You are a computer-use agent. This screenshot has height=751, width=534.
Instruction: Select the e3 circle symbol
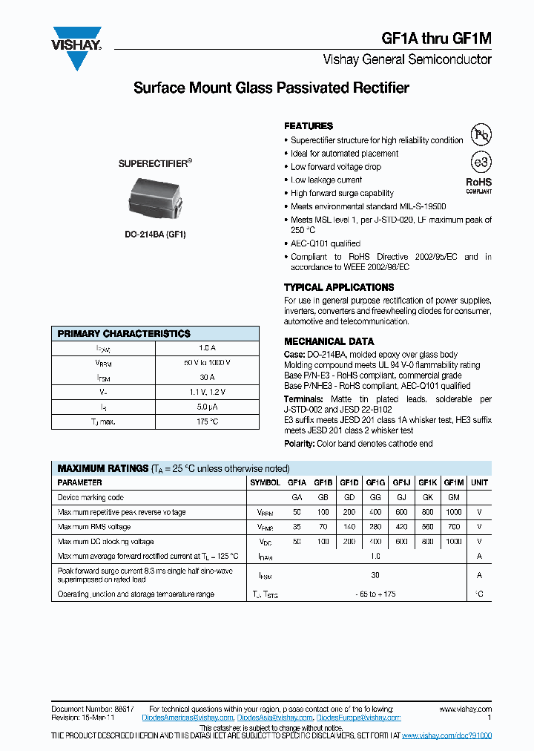[x=481, y=163]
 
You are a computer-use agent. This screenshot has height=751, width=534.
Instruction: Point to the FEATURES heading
[x=309, y=126]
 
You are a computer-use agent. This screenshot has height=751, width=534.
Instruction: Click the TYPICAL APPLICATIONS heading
[x=339, y=287]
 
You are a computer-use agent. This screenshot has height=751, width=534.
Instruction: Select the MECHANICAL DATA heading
[x=329, y=341]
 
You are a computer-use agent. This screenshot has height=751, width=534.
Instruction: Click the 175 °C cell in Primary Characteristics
[x=207, y=422]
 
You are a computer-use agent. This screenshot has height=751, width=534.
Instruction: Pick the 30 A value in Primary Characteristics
[x=207, y=377]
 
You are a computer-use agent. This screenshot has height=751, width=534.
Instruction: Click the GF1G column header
[x=375, y=482]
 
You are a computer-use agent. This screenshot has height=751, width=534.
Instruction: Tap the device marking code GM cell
[x=454, y=498]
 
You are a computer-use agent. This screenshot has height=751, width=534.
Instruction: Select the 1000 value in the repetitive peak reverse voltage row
[x=454, y=512]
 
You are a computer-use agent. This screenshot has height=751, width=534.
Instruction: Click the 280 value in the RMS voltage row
[x=375, y=527]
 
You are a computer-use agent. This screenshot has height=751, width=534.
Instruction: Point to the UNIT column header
[x=480, y=482]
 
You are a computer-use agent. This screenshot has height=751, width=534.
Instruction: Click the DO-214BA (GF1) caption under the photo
[x=155, y=235]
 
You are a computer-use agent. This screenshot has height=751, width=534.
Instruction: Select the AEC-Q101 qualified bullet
[x=326, y=243]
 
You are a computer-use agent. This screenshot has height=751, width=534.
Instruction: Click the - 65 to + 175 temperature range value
[x=375, y=594]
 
